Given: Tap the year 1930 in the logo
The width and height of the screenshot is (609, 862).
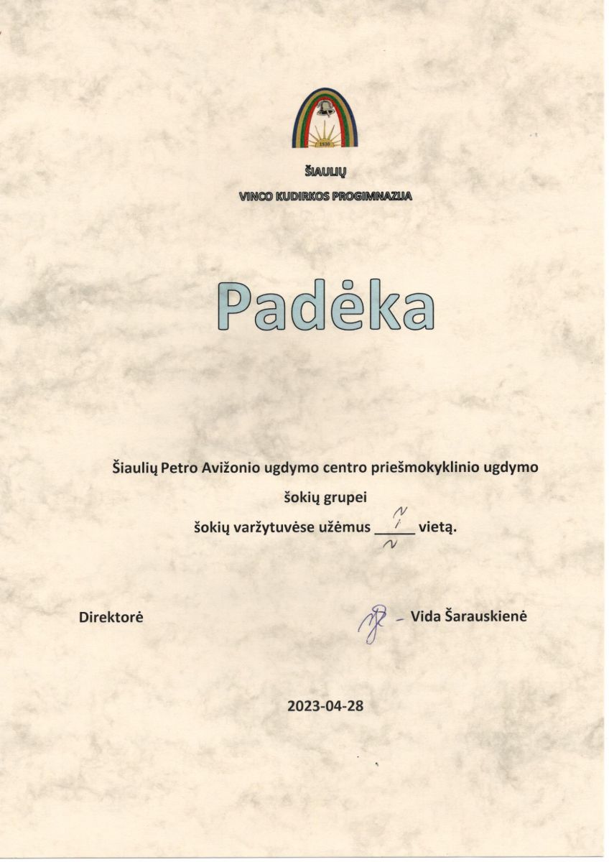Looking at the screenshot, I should click(x=325, y=143).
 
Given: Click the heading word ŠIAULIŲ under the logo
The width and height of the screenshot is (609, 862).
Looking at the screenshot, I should click(x=325, y=171).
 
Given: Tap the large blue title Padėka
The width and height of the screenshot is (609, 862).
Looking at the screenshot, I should click(x=326, y=305).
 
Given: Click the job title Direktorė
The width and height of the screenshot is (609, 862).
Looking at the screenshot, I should click(x=111, y=616).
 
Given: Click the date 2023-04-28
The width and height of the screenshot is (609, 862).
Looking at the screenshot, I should click(x=325, y=705).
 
